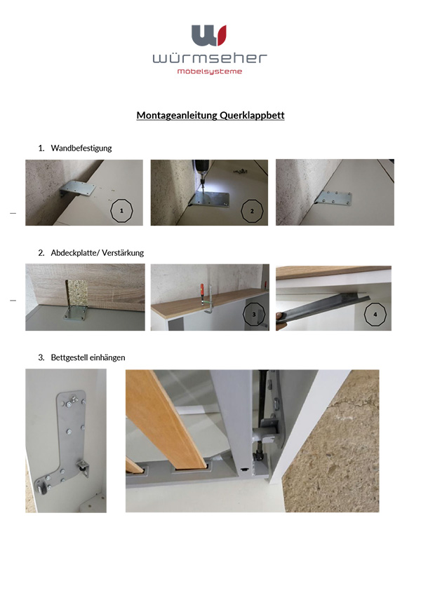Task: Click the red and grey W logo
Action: [x=209, y=35]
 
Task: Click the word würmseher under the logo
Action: [x=210, y=58]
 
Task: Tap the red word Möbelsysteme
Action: [x=210, y=71]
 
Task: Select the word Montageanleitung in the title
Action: [x=175, y=116]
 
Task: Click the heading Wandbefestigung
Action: [x=81, y=148]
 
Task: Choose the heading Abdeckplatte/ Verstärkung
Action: [x=98, y=252]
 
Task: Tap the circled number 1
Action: [x=122, y=210]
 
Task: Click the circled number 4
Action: [x=375, y=315]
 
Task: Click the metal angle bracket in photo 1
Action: [x=79, y=190]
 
